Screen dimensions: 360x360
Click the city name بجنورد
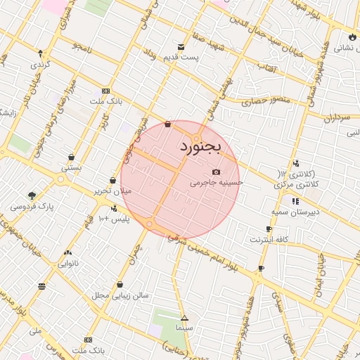200,147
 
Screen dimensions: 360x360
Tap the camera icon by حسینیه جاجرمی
215,172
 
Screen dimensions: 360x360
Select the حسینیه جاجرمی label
216,182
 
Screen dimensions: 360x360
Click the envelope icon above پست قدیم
181,47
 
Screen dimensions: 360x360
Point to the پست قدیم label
198,56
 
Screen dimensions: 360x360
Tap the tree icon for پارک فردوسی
32,195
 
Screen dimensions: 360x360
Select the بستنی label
71,168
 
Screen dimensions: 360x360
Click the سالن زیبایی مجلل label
120,295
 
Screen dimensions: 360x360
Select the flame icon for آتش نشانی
351,37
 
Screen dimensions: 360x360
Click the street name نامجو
82,46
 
